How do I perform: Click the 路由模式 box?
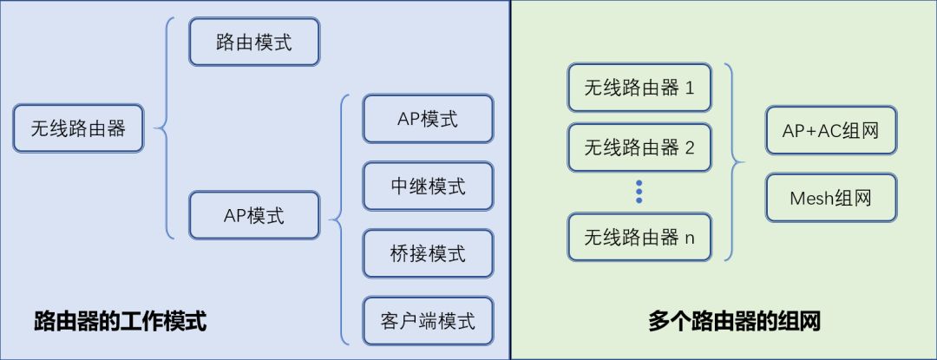tap(254, 42)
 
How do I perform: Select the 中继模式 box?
tap(428, 187)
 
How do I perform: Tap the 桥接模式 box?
tap(428, 253)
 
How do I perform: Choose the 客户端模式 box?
tap(428, 321)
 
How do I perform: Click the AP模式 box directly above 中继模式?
tap(428, 119)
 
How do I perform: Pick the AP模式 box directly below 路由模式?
tap(254, 215)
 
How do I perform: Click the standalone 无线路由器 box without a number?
tap(78, 128)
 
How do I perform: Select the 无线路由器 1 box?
tap(639, 88)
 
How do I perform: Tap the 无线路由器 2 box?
tap(639, 147)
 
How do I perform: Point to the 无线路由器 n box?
tap(639, 237)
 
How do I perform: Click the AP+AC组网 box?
tap(831, 131)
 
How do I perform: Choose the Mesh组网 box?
tap(831, 198)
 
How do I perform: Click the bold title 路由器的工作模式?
tap(120, 322)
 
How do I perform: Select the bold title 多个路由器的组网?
tap(734, 322)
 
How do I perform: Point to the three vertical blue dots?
tap(639, 192)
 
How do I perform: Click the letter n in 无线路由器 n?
tap(690, 239)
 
